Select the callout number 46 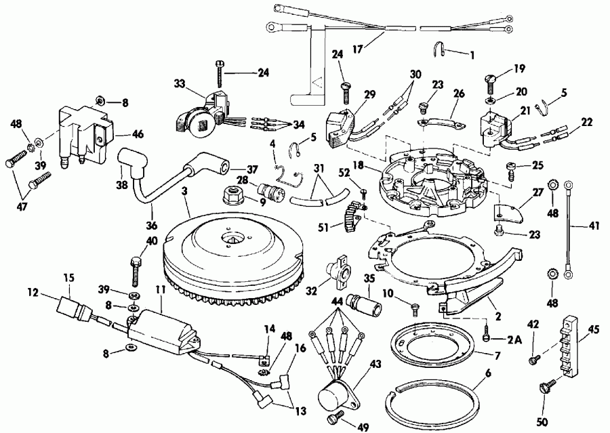pos(138,135)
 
